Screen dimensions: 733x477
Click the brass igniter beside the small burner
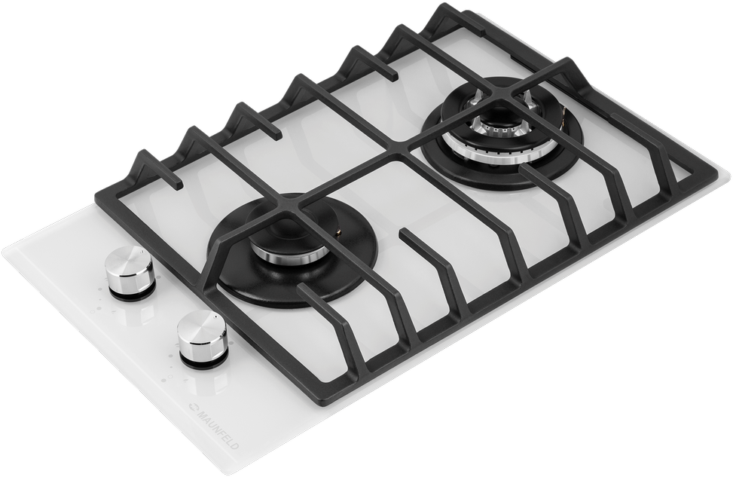[x=337, y=231]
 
